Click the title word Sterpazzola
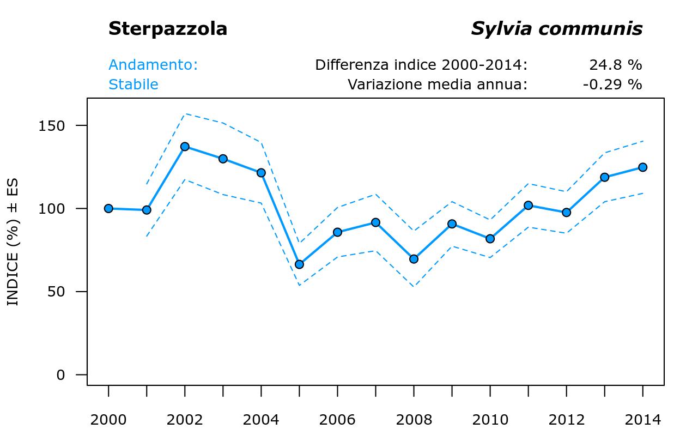167,29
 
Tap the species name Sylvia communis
556,29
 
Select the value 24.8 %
615,65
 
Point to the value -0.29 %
612,84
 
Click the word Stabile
133,84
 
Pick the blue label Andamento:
153,65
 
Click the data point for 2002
185,147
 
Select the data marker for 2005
299,264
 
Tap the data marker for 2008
414,259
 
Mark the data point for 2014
642,167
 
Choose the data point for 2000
108,208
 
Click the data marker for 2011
528,206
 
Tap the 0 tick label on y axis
61,375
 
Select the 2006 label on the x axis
337,420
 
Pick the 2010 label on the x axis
490,420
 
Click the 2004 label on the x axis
261,420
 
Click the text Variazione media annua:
438,84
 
